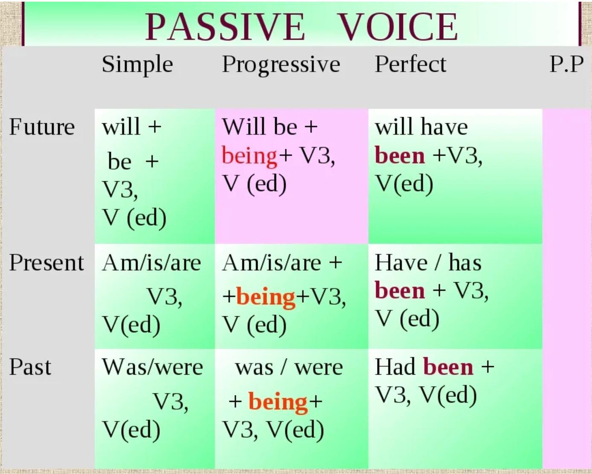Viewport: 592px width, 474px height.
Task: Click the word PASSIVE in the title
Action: point(225,27)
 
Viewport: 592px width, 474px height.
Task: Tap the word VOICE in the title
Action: point(397,27)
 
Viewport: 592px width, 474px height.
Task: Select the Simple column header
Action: point(137,65)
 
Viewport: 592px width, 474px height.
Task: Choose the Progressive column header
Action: point(281,65)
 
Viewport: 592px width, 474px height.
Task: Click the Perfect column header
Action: point(410,64)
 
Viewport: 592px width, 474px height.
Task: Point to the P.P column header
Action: point(566,64)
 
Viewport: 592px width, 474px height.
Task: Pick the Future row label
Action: point(42,127)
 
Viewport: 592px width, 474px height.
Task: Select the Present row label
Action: point(46,263)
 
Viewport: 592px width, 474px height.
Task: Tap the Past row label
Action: point(30,367)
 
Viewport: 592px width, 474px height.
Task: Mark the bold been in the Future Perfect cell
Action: point(400,156)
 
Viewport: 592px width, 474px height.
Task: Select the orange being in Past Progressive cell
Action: point(278,403)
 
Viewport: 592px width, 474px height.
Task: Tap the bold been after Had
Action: point(448,367)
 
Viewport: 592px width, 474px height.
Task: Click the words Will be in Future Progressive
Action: point(260,127)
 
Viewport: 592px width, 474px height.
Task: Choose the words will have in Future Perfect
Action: point(421,127)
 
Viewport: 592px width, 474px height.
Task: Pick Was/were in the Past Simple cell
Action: point(152,367)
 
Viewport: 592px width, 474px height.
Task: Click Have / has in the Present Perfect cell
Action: point(428,263)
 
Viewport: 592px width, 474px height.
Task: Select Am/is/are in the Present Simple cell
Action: point(151,263)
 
